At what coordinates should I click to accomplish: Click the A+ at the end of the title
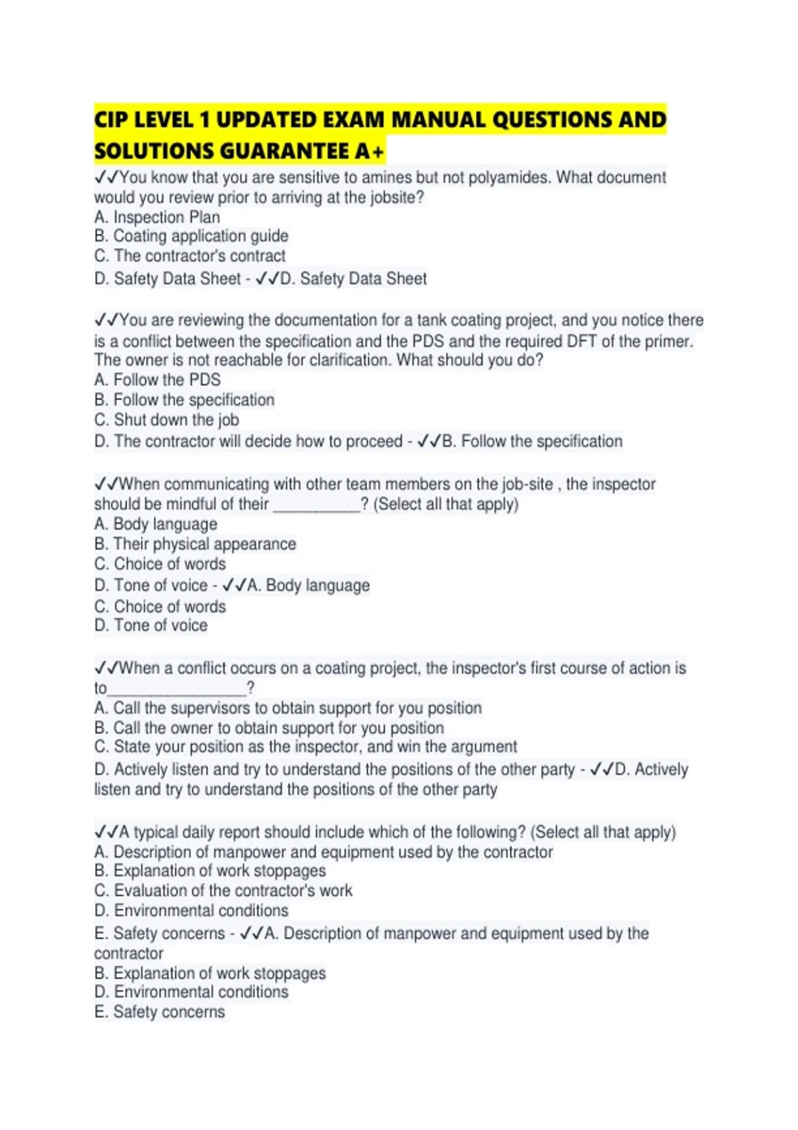[369, 152]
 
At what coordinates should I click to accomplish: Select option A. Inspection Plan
[157, 217]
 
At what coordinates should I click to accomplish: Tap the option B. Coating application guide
[192, 236]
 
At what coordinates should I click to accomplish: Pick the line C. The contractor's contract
[190, 256]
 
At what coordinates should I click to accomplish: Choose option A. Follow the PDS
[157, 380]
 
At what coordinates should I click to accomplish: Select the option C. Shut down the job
[166, 419]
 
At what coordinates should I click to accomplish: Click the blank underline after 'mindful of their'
[317, 505]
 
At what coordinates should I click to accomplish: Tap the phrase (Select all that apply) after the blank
[446, 505]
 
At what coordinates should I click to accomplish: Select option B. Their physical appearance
[195, 544]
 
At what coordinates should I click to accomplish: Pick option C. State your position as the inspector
[305, 746]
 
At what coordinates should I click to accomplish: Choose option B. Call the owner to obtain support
[269, 728]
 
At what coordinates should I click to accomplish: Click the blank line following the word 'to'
[176, 688]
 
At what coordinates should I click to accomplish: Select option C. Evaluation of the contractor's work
[223, 891]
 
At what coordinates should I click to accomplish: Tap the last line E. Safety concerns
[160, 1012]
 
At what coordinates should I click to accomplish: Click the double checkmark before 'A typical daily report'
[106, 832]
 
